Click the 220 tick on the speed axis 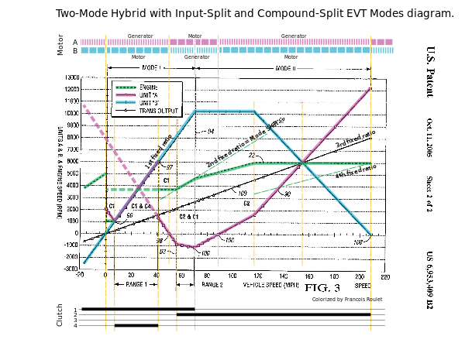[x=384, y=276]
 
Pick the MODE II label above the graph [x=284, y=69]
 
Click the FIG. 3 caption [x=322, y=288]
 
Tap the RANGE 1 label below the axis [x=136, y=285]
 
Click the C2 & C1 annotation [x=189, y=217]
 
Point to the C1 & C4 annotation [x=141, y=207]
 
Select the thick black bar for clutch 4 [x=136, y=325]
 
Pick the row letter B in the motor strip [x=75, y=51]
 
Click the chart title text [x=255, y=14]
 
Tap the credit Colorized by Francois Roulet [x=347, y=299]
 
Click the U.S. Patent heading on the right [x=430, y=71]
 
